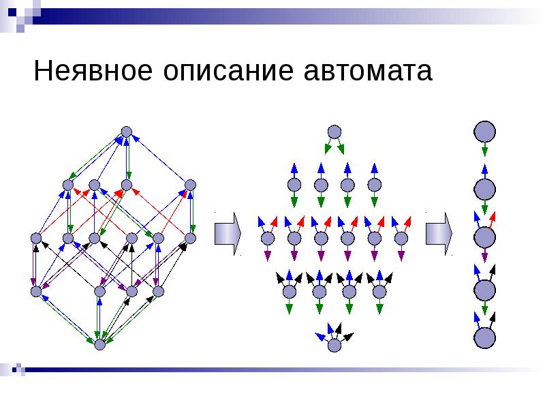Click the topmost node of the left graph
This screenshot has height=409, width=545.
tap(126, 132)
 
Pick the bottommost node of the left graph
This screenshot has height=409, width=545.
tap(99, 345)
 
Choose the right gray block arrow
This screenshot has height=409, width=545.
tap(439, 233)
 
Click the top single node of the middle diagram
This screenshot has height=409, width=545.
tap(334, 132)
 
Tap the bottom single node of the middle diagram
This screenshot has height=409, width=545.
tap(334, 345)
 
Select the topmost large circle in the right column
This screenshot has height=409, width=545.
tap(484, 132)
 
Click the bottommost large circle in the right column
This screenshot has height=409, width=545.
tap(484, 338)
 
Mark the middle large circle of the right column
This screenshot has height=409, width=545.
tap(484, 237)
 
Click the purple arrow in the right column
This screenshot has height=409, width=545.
tap(484, 256)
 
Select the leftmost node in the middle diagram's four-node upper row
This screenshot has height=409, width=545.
tap(294, 185)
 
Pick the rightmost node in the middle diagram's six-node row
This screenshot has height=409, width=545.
tap(400, 238)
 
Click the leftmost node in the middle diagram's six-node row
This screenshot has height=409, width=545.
tap(267, 238)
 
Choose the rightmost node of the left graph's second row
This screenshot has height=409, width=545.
tap(190, 185)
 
